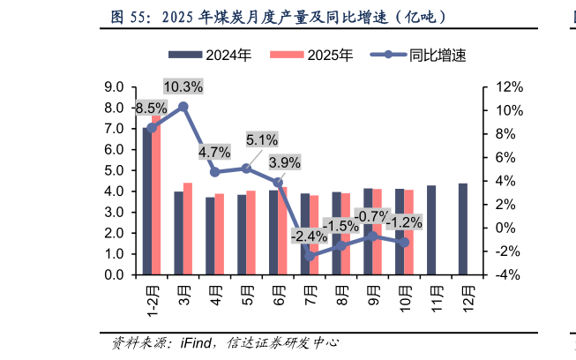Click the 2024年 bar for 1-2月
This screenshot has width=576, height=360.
click(x=147, y=201)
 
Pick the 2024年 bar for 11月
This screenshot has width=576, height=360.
click(x=431, y=230)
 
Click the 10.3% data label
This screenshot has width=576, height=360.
click(x=183, y=86)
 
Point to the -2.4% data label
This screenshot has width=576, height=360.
click(x=309, y=236)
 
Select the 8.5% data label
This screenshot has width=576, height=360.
click(x=149, y=109)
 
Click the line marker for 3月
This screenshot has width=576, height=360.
click(x=183, y=107)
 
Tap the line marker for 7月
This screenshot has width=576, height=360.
click(x=310, y=256)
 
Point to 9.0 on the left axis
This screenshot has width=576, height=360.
click(x=113, y=87)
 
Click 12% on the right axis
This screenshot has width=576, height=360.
click(x=510, y=87)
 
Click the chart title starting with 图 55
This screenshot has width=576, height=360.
click(x=278, y=16)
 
